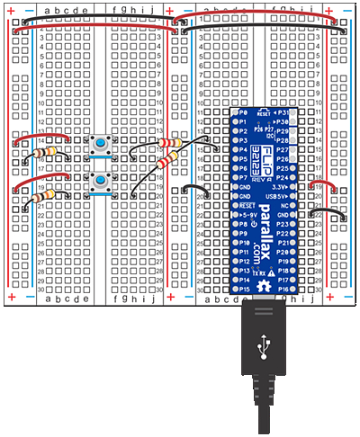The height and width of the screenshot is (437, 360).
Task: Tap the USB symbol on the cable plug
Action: coord(261,344)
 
